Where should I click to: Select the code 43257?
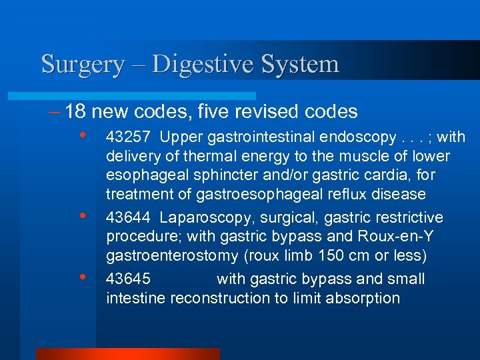(x=128, y=137)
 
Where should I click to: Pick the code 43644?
(x=128, y=217)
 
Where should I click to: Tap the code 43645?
(x=128, y=279)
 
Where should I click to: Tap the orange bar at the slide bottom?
(x=127, y=354)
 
